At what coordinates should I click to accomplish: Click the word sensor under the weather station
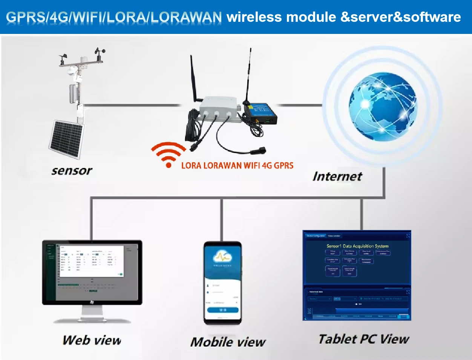tap(72, 171)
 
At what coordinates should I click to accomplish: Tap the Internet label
tap(337, 176)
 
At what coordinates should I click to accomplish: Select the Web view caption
tap(92, 340)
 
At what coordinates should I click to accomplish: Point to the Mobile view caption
tap(228, 342)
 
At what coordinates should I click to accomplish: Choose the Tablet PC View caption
tap(363, 339)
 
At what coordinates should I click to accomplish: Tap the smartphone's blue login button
tap(222, 310)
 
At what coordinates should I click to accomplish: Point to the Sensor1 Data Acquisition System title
tap(357, 246)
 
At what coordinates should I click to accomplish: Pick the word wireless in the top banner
tap(254, 17)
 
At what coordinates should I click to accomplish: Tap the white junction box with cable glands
tap(219, 109)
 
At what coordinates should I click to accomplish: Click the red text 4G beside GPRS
tap(267, 165)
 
